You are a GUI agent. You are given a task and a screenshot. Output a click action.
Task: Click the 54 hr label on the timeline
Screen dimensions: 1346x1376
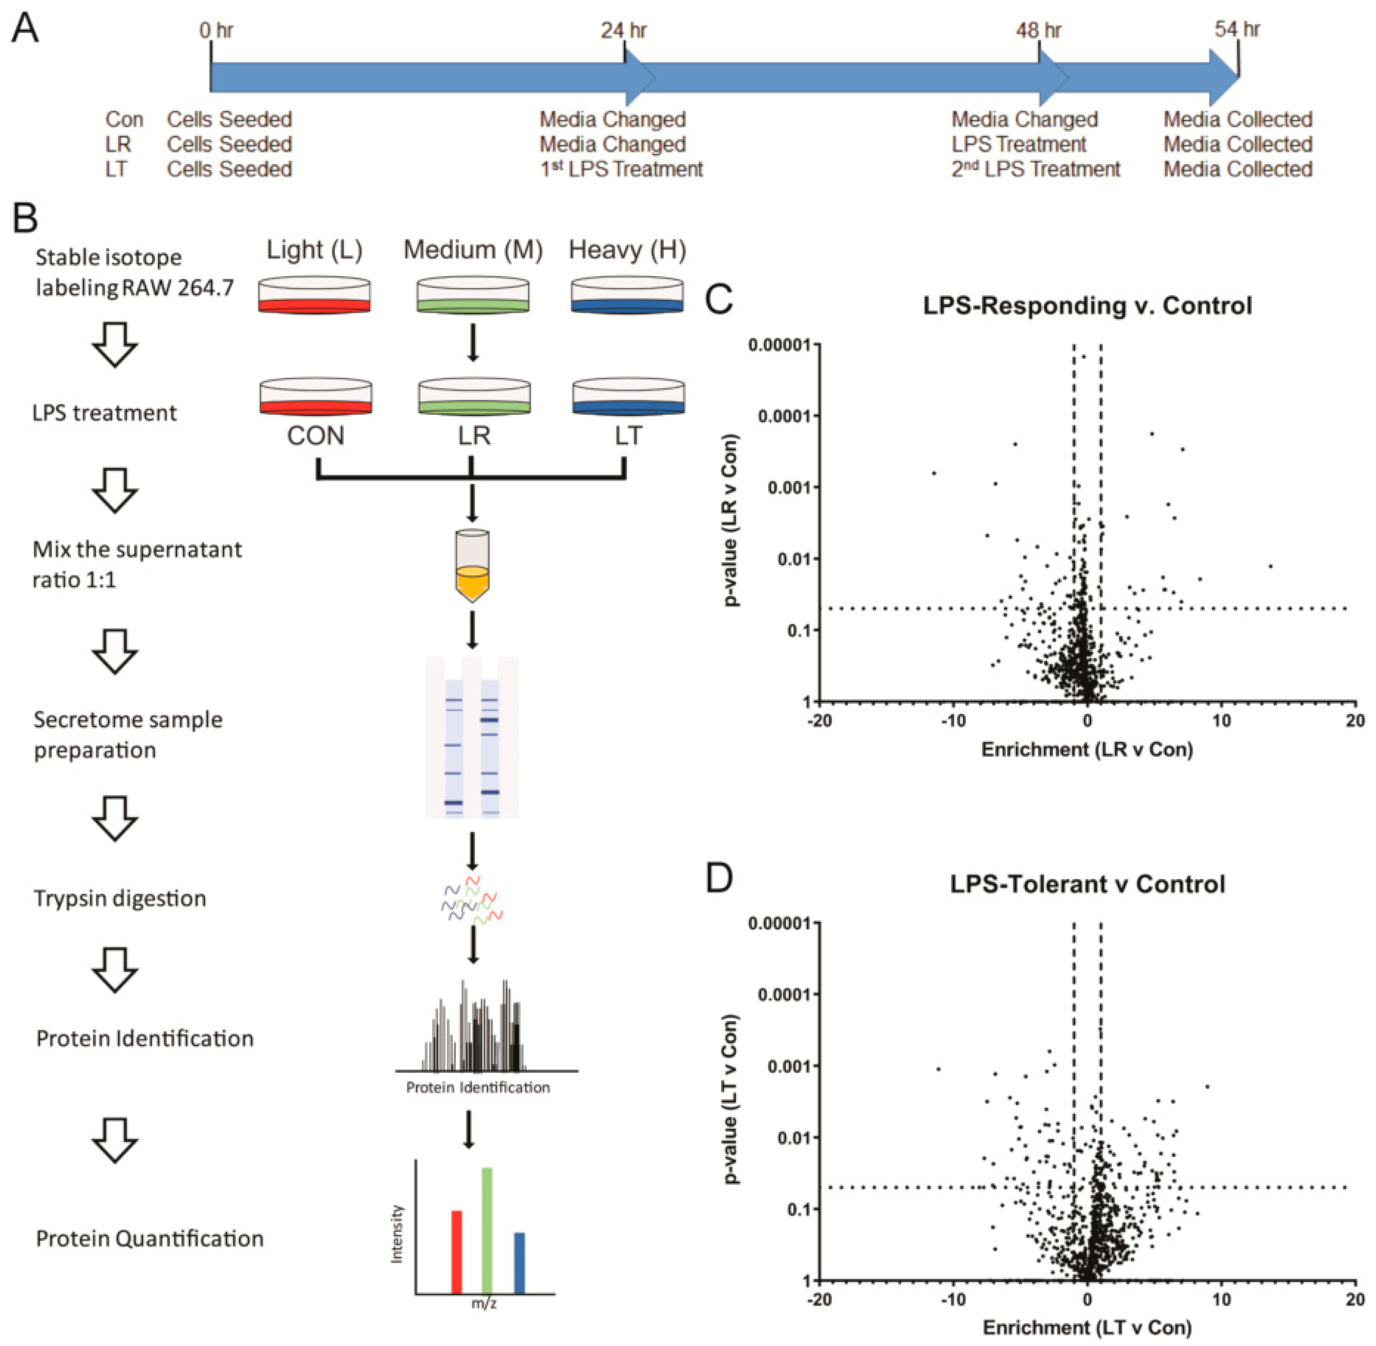(1237, 30)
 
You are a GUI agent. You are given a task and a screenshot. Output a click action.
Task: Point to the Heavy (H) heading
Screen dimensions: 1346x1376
(627, 250)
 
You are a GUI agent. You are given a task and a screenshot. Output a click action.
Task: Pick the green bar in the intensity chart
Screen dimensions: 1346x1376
(487, 1230)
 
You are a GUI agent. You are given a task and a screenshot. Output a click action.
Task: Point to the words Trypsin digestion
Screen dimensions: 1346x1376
(120, 899)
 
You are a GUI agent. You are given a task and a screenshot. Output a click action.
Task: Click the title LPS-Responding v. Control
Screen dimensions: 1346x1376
(1087, 305)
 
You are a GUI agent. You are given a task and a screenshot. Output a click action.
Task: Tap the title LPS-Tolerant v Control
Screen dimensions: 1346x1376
(1087, 884)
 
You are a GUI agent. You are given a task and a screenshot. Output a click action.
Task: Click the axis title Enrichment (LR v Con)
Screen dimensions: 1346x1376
(1087, 749)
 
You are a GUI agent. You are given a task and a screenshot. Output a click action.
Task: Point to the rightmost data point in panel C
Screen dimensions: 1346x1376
(1270, 566)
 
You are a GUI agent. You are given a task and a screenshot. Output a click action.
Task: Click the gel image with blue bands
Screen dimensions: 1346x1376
(472, 737)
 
